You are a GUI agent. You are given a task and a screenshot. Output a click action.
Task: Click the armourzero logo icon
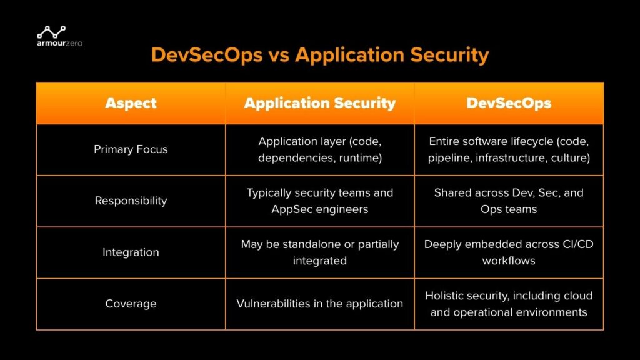pyautogui.click(x=51, y=31)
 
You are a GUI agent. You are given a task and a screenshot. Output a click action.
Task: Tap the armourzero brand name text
pyautogui.click(x=60, y=43)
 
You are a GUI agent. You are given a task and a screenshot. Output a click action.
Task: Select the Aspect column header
pyautogui.click(x=131, y=103)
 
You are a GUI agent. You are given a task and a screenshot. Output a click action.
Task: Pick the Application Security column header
pyautogui.click(x=319, y=103)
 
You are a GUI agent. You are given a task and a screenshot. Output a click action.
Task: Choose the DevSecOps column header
pyautogui.click(x=509, y=103)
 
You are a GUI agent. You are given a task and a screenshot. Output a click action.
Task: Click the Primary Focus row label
pyautogui.click(x=131, y=149)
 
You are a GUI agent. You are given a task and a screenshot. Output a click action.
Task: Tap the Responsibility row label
pyautogui.click(x=131, y=201)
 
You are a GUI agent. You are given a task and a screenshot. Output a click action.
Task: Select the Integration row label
pyautogui.click(x=131, y=252)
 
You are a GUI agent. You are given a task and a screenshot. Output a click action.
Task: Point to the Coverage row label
pyautogui.click(x=131, y=304)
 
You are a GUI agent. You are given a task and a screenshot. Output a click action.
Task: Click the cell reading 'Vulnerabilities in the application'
pyautogui.click(x=319, y=304)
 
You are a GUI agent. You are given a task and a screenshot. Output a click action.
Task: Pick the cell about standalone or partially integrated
pyautogui.click(x=319, y=252)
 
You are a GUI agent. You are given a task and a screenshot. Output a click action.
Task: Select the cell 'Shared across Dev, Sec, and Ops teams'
pyautogui.click(x=509, y=201)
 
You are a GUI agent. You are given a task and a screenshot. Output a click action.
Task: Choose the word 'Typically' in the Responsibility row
pyautogui.click(x=270, y=192)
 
